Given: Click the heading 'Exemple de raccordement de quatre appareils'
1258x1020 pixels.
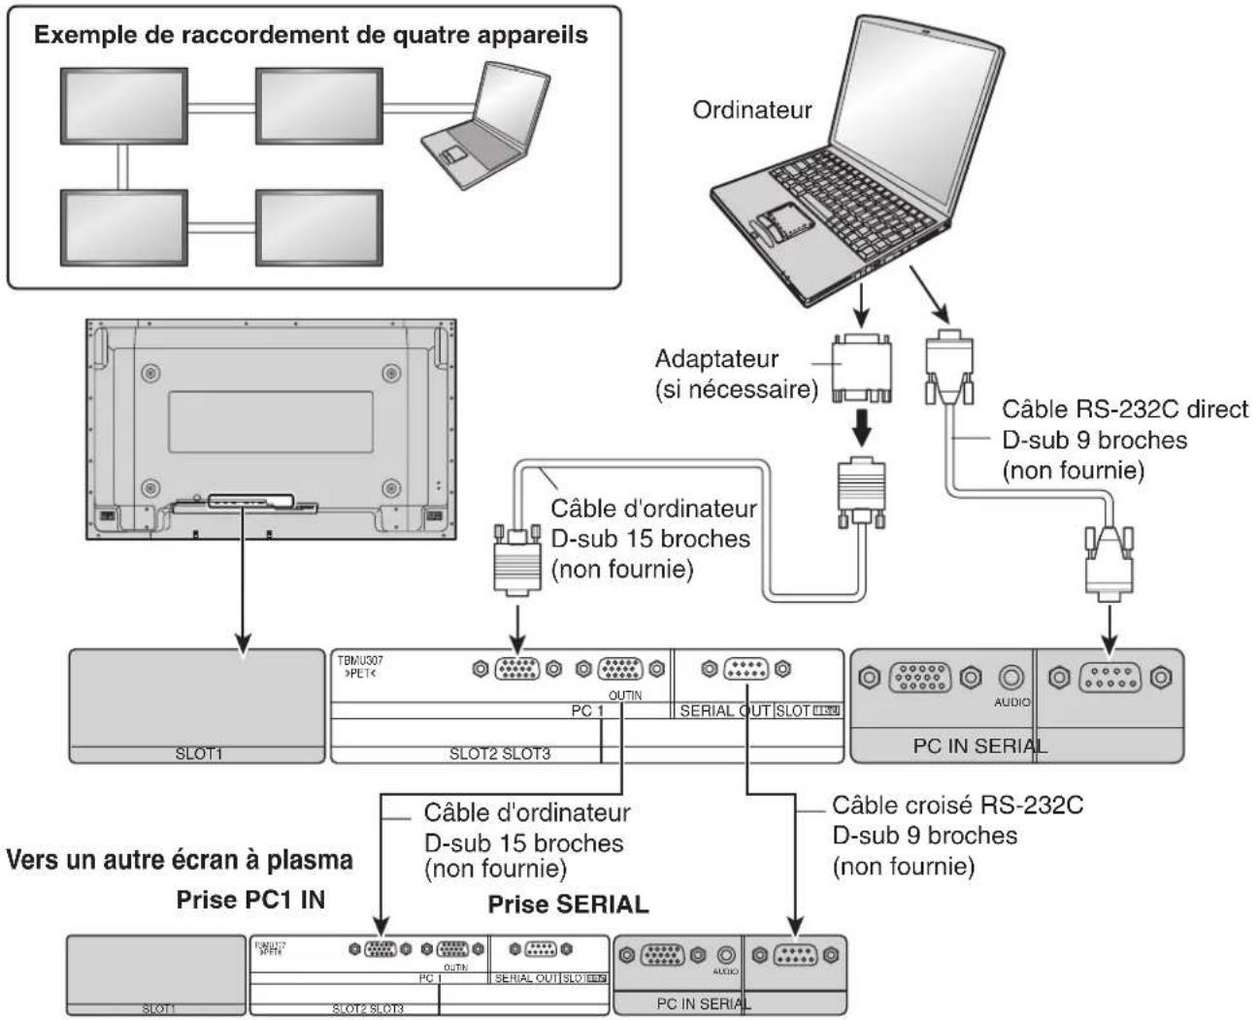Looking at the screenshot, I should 312,36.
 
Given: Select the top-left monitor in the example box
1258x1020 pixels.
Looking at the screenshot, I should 123,106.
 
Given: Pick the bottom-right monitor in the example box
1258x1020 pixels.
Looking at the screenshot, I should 318,226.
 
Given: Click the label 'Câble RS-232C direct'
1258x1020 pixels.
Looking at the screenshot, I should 1124,410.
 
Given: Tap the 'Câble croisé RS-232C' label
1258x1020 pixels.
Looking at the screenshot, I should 957,806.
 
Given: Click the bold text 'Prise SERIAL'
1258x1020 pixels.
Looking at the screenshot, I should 568,904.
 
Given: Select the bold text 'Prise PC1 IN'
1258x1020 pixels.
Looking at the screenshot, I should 250,900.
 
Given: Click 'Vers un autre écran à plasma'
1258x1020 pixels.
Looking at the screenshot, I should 180,861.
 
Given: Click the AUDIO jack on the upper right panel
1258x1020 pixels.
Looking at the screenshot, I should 1011,678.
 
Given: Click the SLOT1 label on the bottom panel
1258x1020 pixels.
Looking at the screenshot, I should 157,1008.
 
